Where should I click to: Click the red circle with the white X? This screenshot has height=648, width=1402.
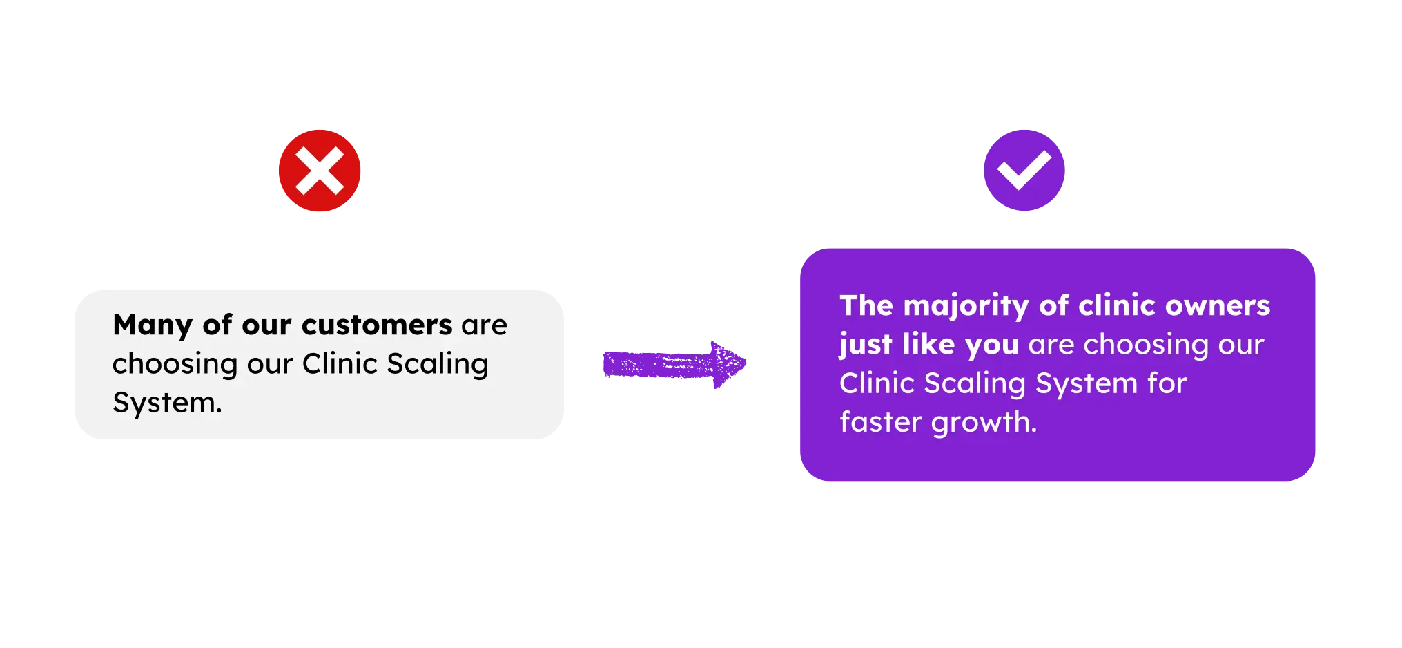click(320, 171)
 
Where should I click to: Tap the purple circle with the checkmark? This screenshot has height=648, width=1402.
click(1024, 171)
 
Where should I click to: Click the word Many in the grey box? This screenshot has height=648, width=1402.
click(153, 325)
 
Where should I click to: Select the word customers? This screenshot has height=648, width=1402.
click(377, 325)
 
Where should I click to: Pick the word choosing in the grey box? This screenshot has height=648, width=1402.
click(175, 364)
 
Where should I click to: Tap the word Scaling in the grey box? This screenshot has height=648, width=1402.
click(438, 364)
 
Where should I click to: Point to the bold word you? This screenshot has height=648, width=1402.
click(992, 345)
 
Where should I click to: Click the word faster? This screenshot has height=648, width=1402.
click(880, 422)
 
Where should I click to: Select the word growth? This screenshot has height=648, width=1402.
click(984, 422)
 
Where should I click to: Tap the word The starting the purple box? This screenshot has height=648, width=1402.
click(866, 306)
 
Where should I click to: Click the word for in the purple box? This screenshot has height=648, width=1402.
click(1167, 383)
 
